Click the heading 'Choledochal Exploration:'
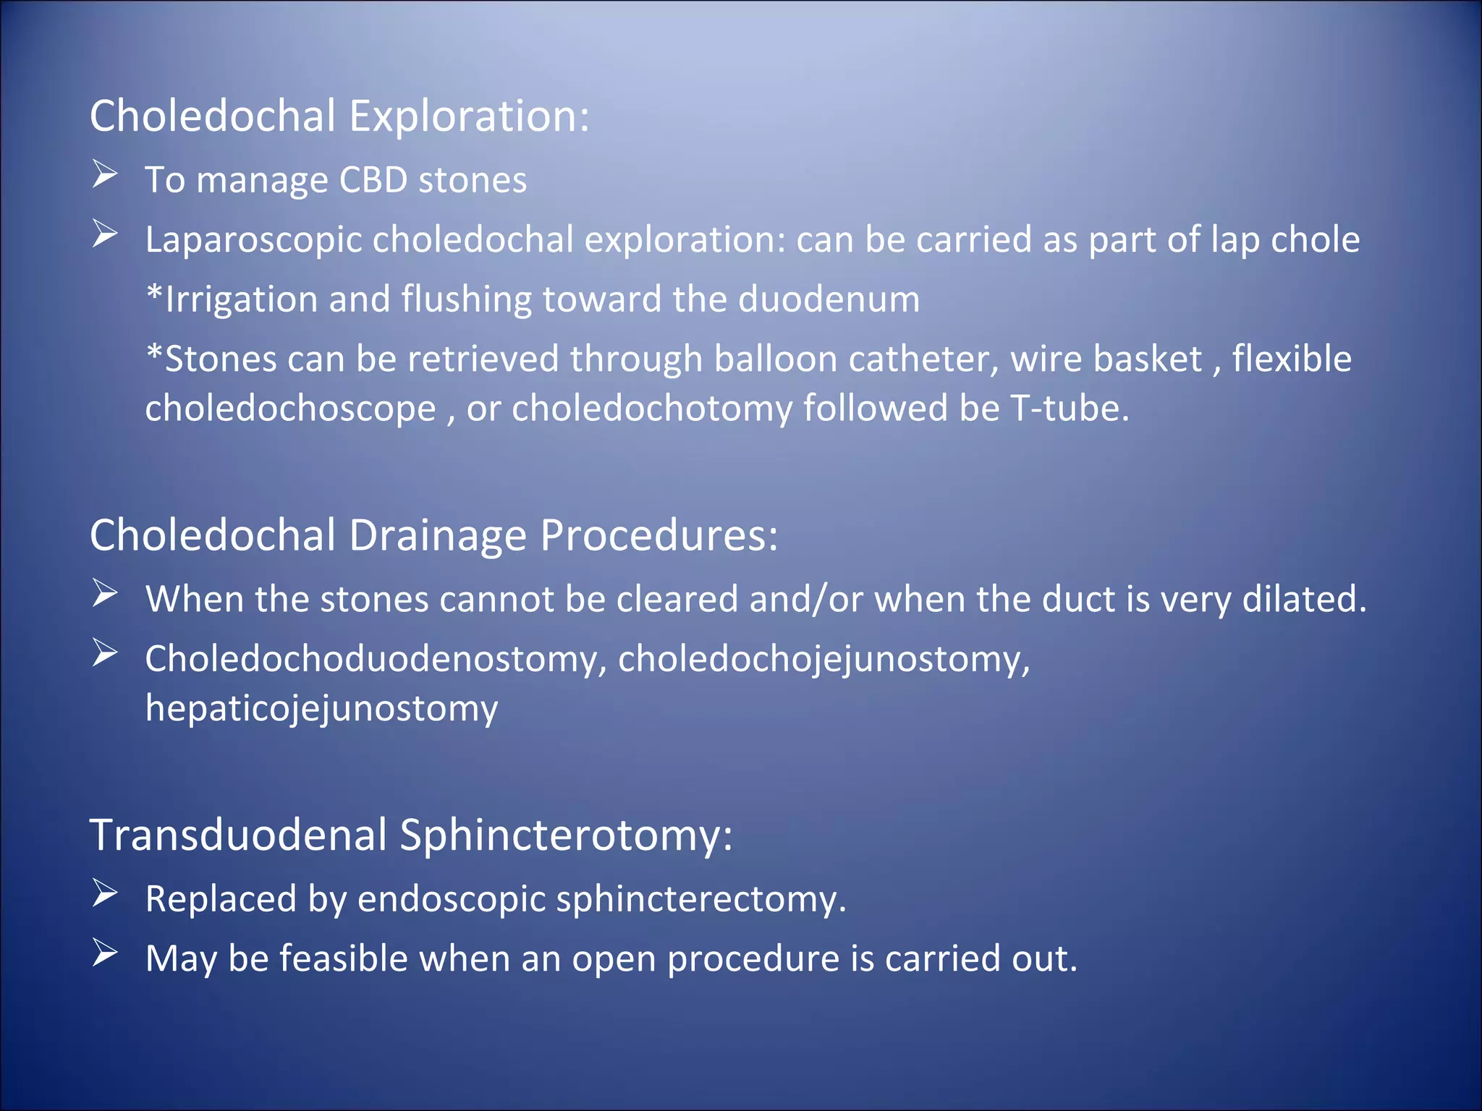(339, 116)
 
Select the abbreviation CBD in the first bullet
(373, 179)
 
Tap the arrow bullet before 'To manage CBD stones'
(105, 175)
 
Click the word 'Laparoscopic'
(253, 240)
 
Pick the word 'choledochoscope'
(290, 409)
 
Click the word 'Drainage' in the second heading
(438, 535)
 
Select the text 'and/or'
(805, 600)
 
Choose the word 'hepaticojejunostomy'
(321, 709)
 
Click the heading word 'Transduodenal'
(238, 835)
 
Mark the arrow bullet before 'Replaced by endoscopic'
(105, 894)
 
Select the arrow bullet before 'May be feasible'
(105, 953)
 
